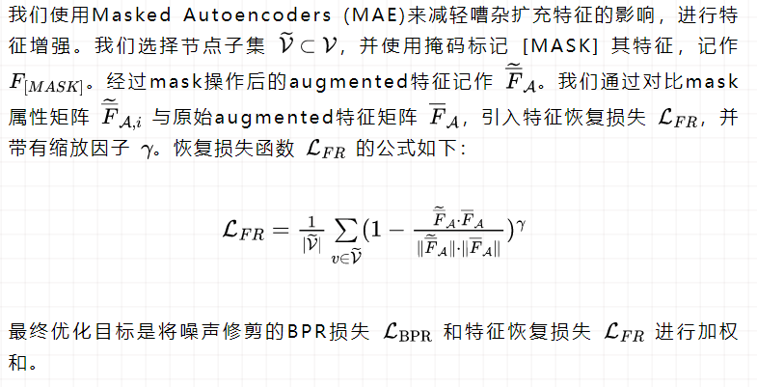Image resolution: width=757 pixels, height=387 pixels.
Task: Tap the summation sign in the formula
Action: click(x=344, y=229)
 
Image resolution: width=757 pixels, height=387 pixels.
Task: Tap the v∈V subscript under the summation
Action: click(x=344, y=255)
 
